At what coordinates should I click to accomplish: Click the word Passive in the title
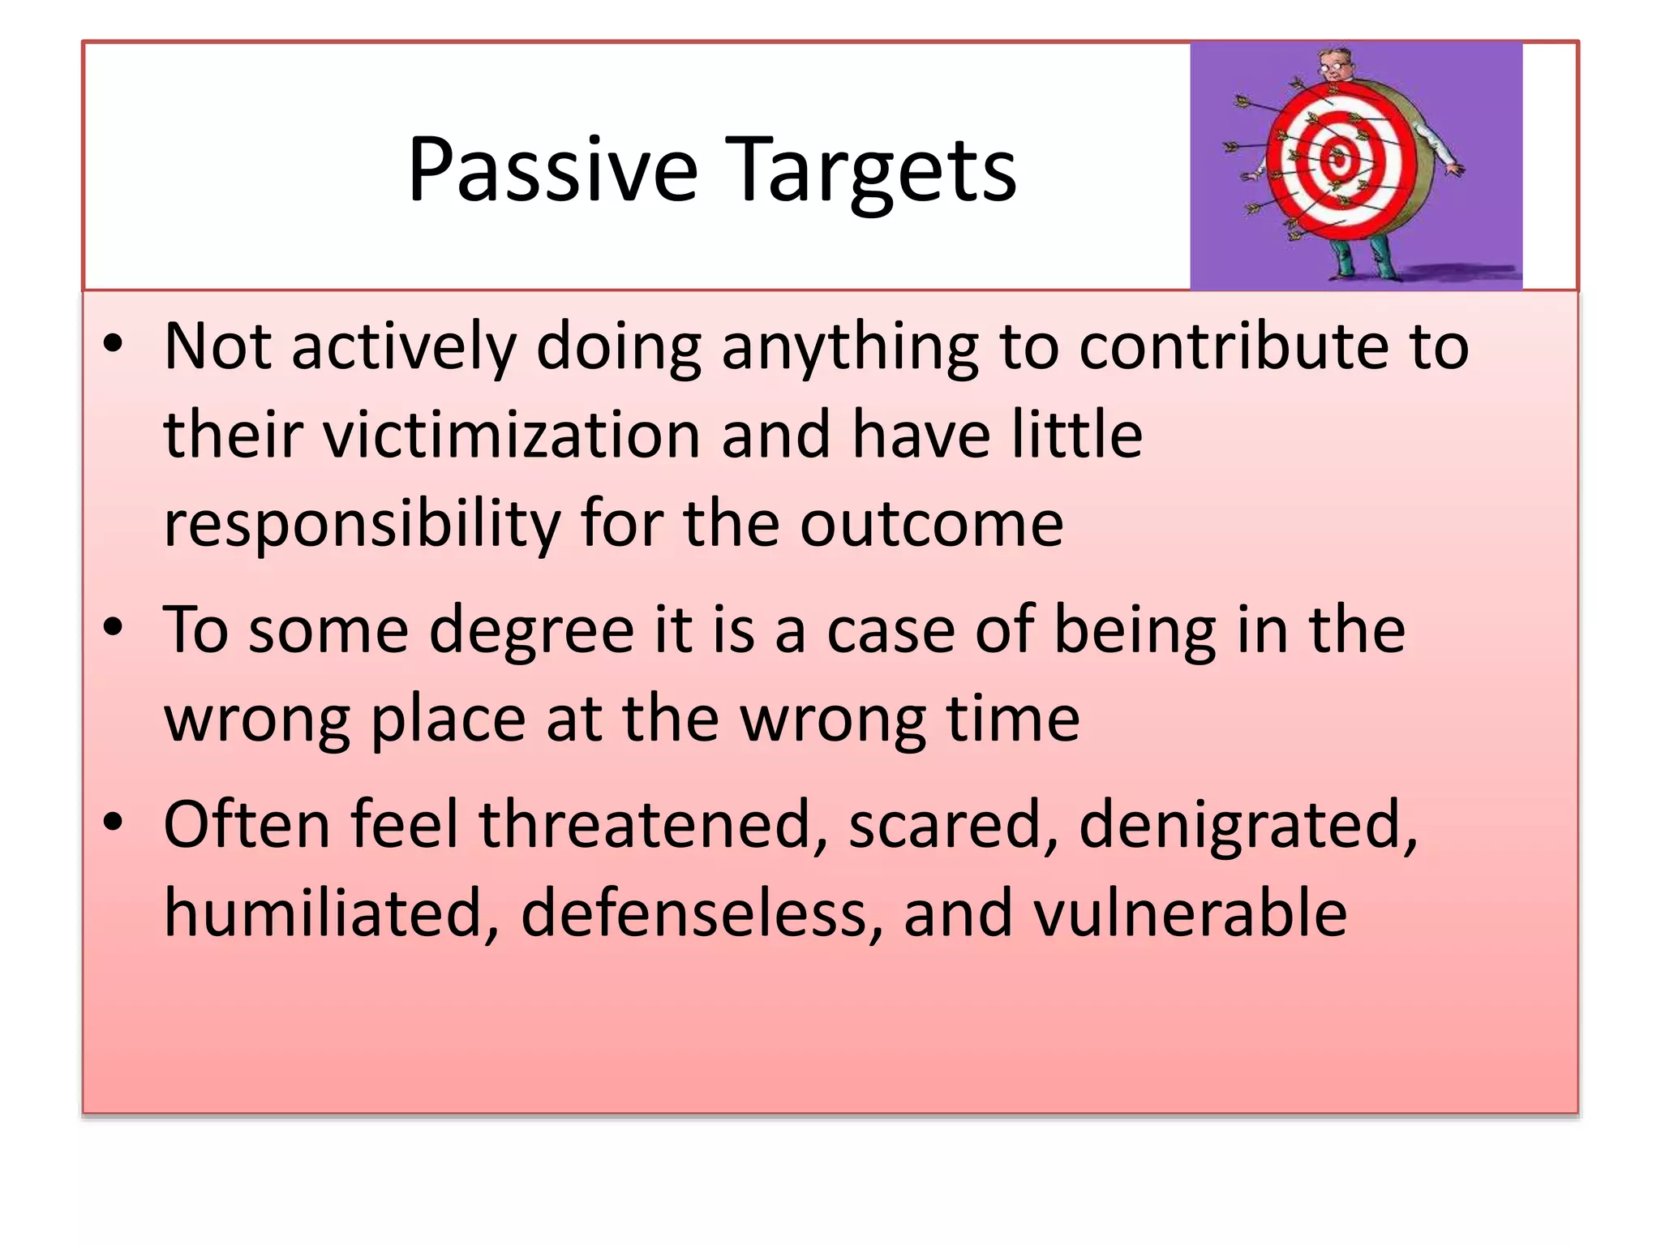tap(552, 170)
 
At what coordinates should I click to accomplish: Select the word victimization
tap(511, 435)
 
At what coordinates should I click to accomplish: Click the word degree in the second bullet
tap(531, 631)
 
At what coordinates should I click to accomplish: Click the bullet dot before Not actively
tap(113, 345)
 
